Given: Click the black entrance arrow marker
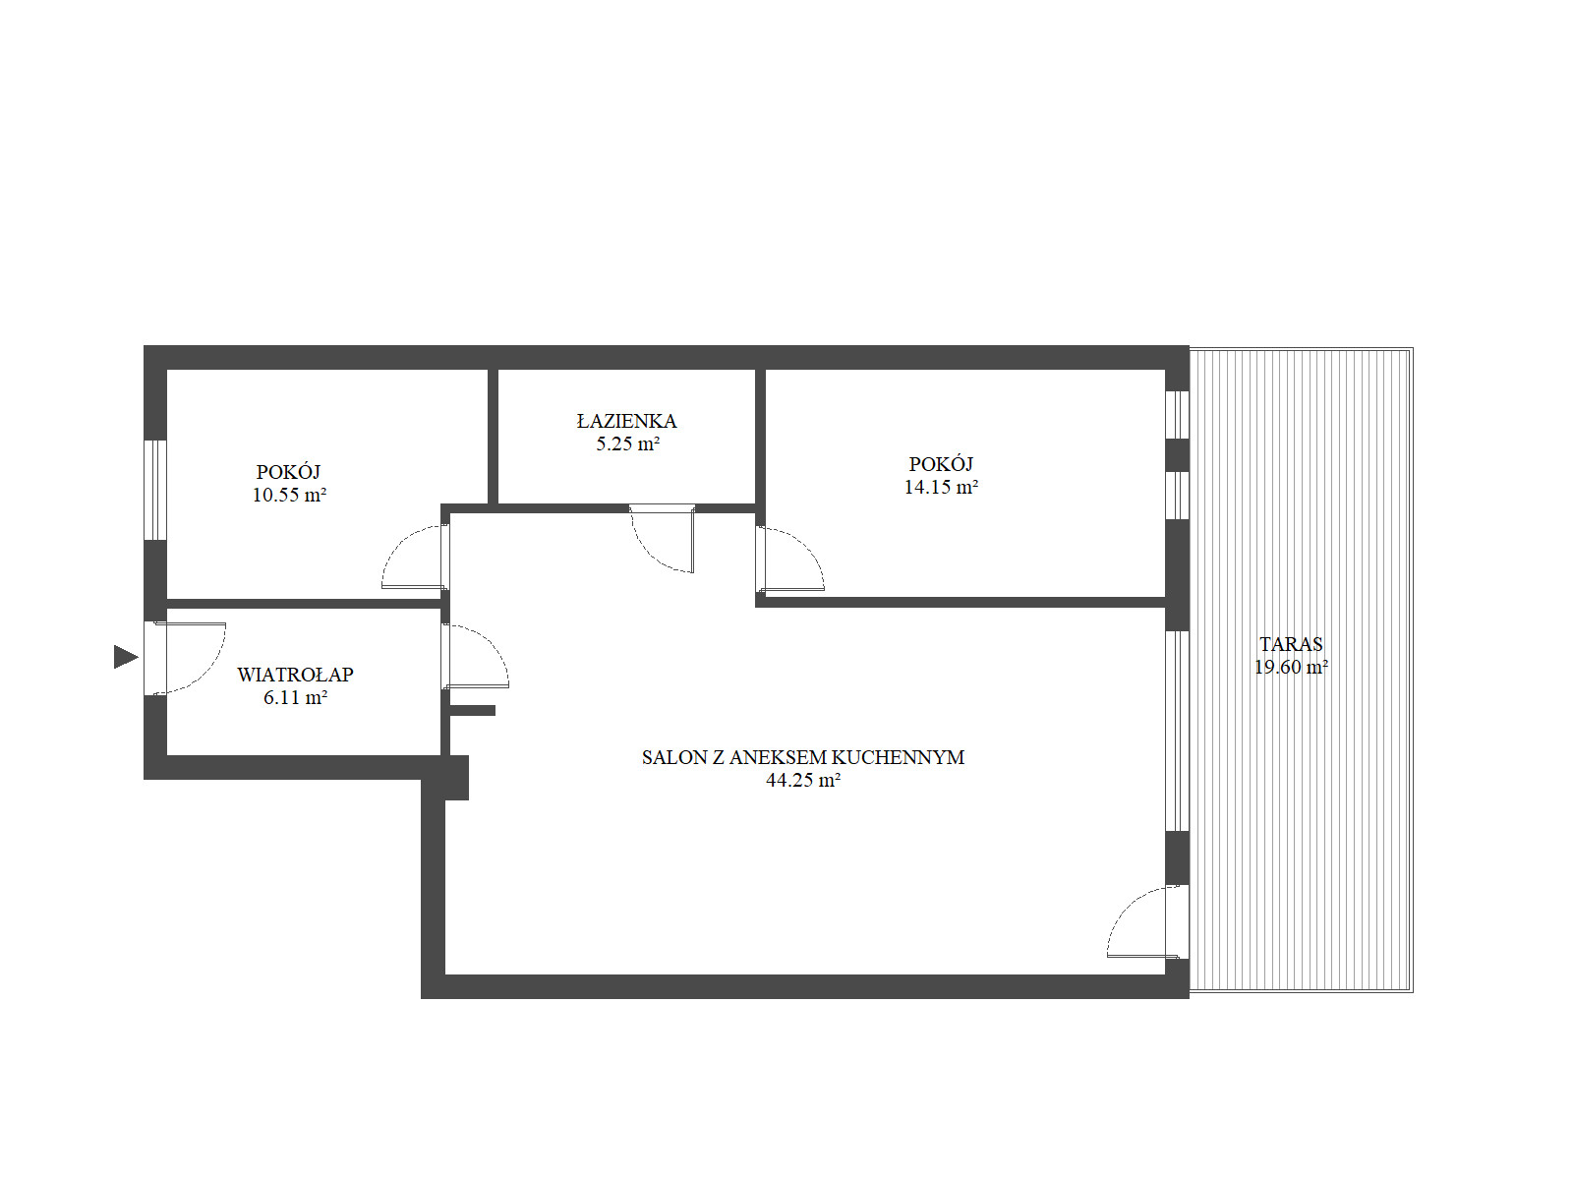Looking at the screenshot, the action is tap(125, 656).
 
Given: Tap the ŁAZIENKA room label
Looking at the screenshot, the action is tap(626, 421).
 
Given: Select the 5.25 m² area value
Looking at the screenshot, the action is tap(628, 443).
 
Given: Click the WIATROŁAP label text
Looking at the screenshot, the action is tap(295, 675).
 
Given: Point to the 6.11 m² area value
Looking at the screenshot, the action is tap(295, 697).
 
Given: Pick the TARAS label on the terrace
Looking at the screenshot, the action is tap(1292, 643).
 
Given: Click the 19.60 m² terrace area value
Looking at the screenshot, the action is tap(1292, 667).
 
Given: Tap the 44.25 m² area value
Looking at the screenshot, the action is tap(803, 780).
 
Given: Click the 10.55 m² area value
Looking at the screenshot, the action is tap(289, 495).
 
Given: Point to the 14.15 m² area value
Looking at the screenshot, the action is tap(941, 487).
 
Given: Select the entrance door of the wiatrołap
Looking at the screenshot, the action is tap(188, 658).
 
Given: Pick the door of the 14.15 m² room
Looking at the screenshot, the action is tap(790, 559).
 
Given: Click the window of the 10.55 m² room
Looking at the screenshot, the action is tap(155, 490).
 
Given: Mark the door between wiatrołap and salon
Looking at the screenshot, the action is tap(476, 656).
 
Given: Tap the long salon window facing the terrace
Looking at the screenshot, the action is tap(1177, 731).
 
